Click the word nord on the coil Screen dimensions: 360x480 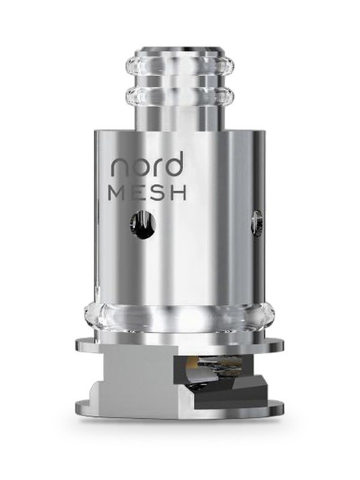coord(147,166)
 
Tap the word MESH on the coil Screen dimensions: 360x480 coord(148,193)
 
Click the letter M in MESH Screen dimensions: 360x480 coord(117,193)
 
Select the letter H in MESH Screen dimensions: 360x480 coord(179,193)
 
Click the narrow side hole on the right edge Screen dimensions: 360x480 coord(257,223)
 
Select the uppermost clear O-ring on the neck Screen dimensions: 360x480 coord(179,65)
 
